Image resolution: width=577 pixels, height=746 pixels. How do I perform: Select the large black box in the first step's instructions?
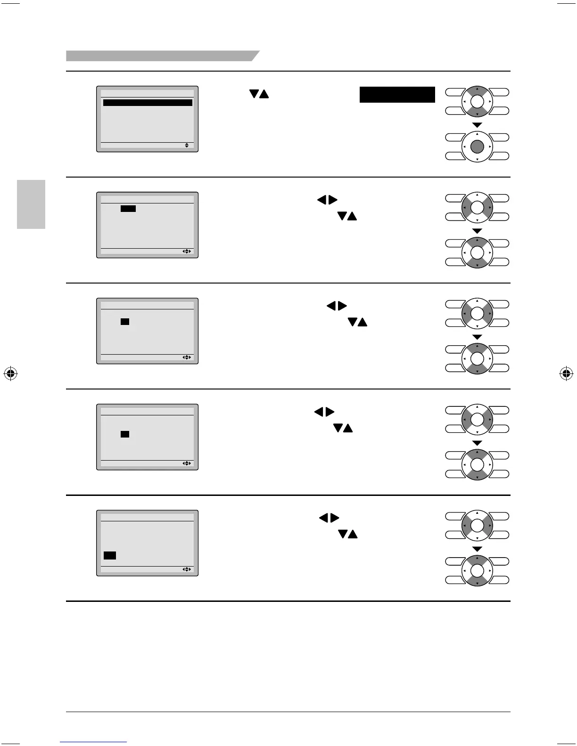(x=397, y=95)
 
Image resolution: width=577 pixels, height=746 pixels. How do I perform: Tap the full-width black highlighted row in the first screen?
(x=148, y=103)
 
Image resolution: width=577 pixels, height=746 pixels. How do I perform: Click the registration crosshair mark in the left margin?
(x=10, y=374)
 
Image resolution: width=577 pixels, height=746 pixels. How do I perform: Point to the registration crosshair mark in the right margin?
(x=566, y=374)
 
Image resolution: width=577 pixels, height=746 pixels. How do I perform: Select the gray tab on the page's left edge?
(x=31, y=204)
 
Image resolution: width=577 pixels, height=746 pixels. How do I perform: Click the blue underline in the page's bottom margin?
(x=93, y=742)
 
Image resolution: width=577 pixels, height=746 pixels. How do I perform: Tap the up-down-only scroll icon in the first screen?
(x=187, y=146)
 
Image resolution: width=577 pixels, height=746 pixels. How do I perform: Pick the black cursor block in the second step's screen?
(x=128, y=209)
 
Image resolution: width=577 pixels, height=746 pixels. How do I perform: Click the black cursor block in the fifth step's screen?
(x=110, y=556)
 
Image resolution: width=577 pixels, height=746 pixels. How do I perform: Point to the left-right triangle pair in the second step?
(x=327, y=200)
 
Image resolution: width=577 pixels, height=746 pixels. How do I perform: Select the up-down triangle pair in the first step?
(x=259, y=94)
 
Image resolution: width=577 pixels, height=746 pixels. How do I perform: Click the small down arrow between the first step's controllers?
(x=477, y=125)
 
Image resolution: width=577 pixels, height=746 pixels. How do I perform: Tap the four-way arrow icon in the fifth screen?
(x=187, y=569)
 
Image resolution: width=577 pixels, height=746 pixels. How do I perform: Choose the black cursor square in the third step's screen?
(x=125, y=322)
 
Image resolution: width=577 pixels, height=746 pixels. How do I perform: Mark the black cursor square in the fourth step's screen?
(x=125, y=434)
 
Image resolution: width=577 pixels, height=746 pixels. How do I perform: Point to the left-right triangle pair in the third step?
(x=337, y=306)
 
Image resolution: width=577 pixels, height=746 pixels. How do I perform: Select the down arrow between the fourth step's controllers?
(x=477, y=443)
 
